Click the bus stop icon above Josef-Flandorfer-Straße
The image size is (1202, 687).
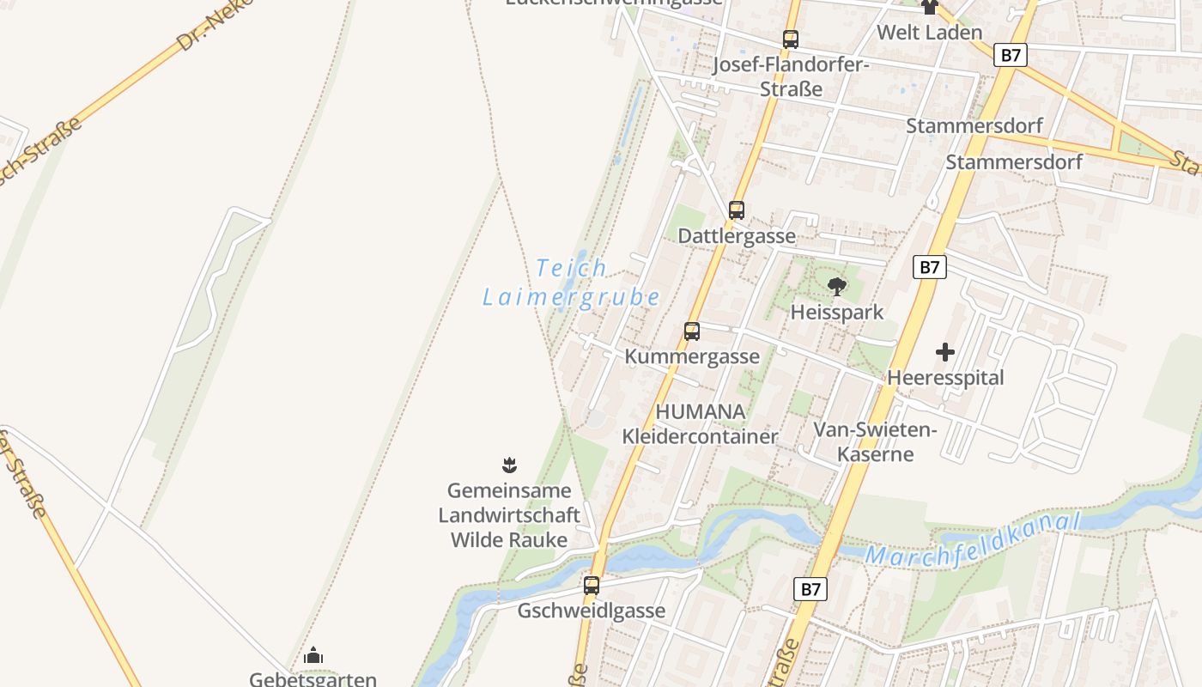(790, 39)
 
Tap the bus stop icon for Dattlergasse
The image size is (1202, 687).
(736, 210)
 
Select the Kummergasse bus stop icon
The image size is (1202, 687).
(691, 331)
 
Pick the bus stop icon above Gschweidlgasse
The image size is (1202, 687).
(591, 586)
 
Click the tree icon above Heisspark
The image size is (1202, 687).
(836, 286)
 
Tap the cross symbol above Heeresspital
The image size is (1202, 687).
(944, 352)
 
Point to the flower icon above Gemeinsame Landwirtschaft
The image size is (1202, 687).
(509, 465)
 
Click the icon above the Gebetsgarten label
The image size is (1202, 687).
(313, 656)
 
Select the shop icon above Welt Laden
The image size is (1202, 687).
(929, 8)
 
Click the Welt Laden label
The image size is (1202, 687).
(929, 33)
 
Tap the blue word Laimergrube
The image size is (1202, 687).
(571, 298)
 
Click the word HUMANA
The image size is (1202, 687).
(701, 411)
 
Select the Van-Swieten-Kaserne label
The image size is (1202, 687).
(875, 441)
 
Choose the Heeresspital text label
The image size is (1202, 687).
(944, 377)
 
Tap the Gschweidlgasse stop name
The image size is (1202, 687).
(591, 611)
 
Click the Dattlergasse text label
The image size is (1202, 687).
(737, 235)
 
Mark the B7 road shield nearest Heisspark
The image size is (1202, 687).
(929, 267)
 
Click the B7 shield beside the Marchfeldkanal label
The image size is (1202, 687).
(810, 589)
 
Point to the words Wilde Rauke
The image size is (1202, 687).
(509, 540)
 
